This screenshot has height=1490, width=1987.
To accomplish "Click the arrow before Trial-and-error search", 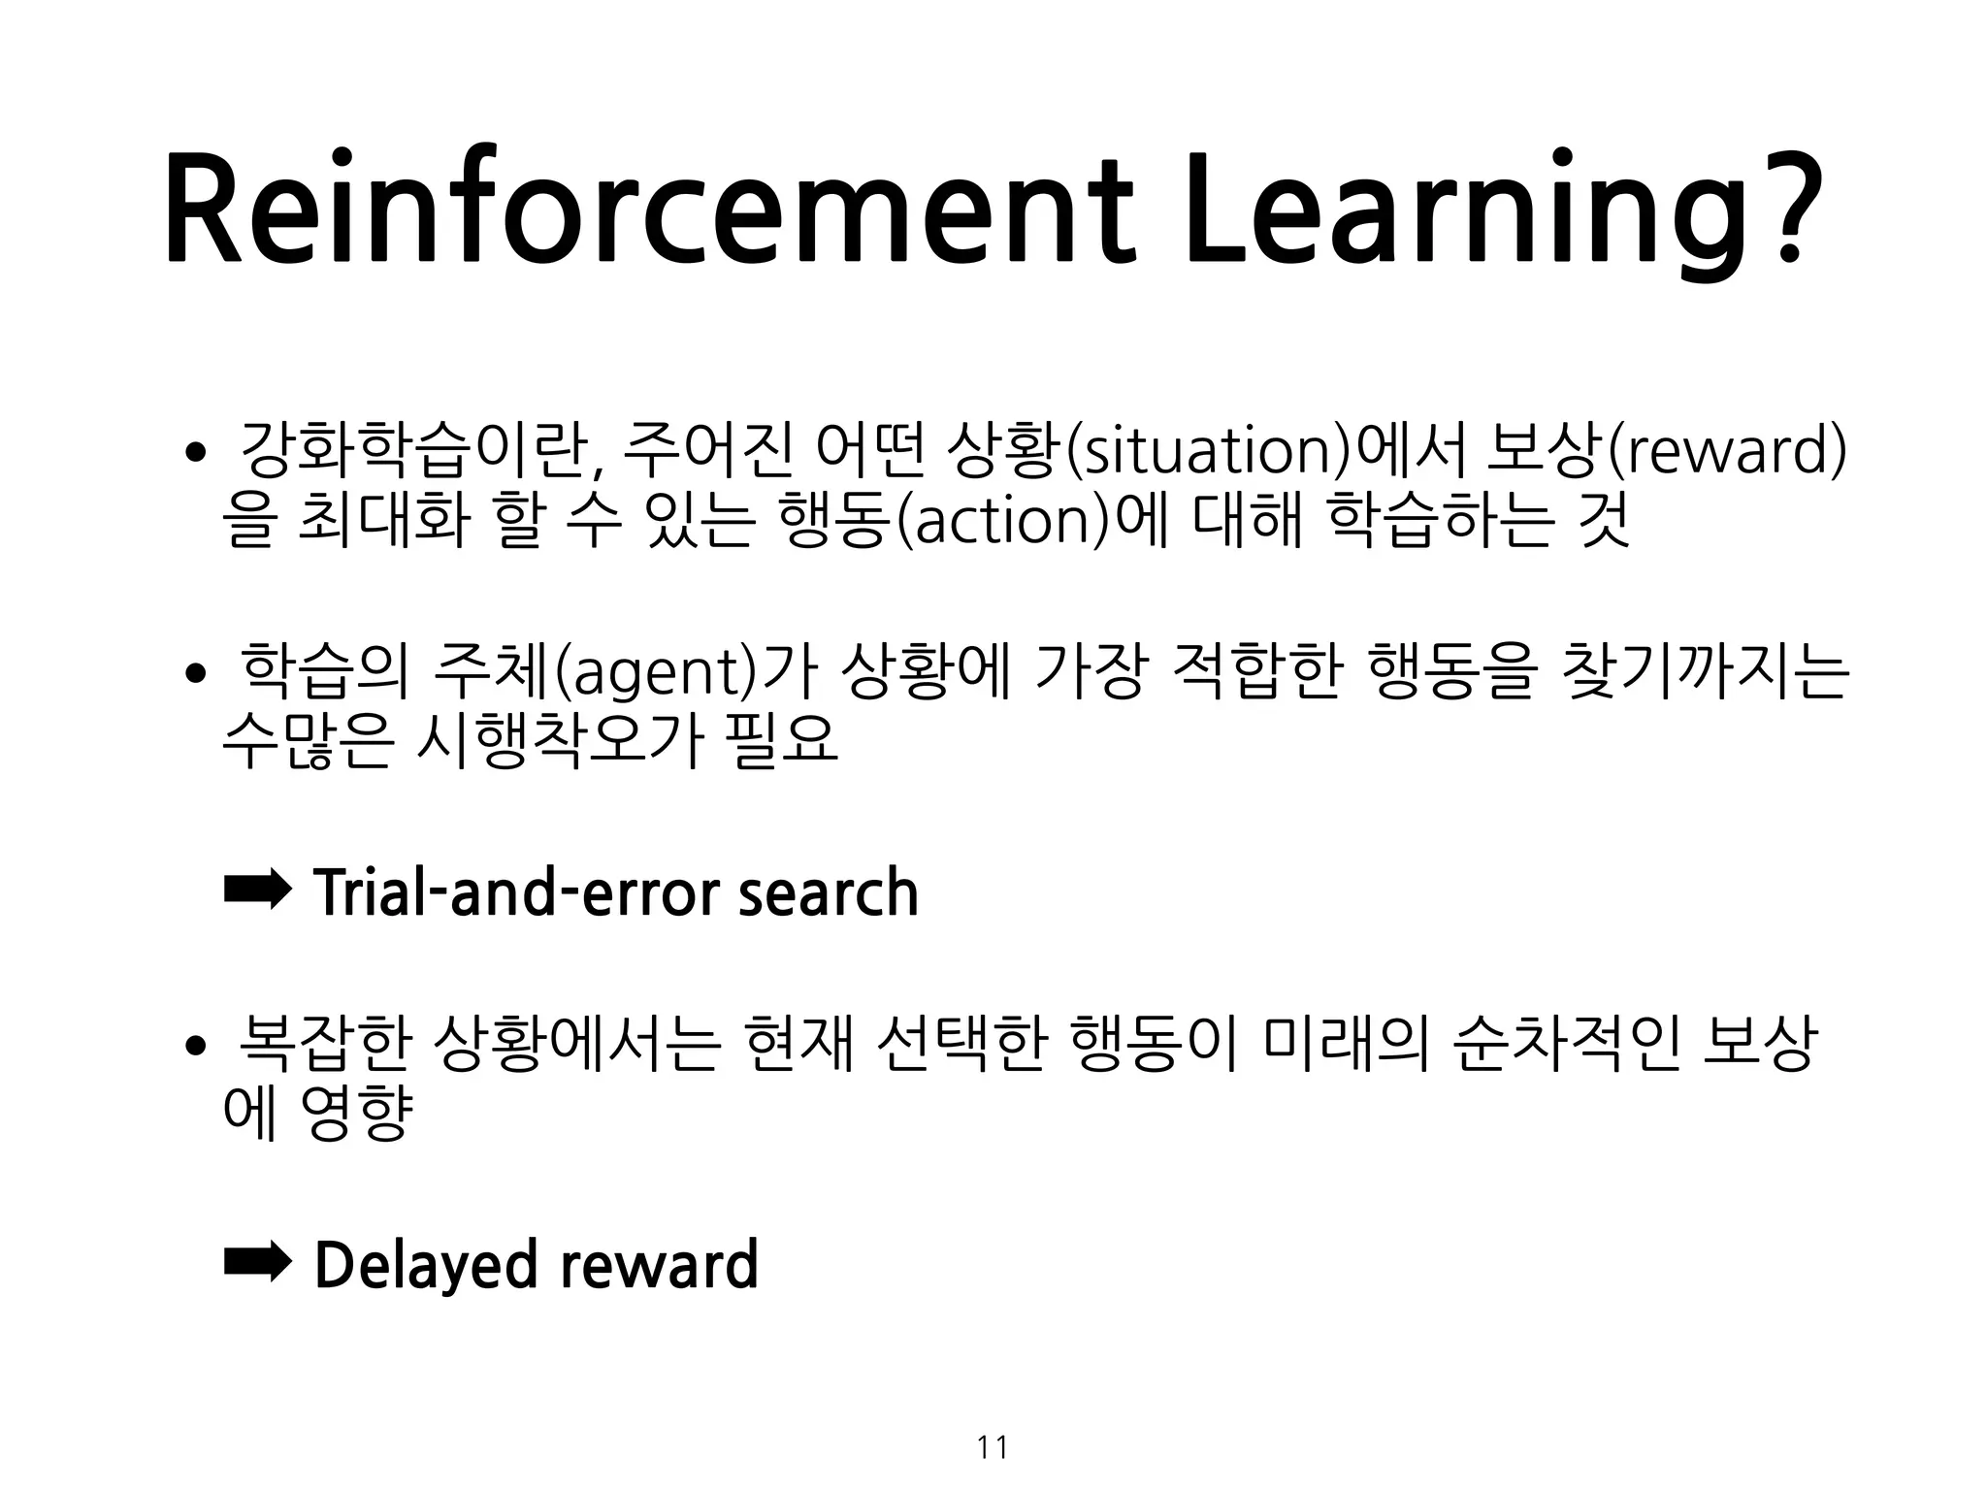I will (256, 890).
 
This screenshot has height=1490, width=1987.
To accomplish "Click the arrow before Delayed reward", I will (256, 1262).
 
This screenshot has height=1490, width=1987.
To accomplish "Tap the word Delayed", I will (426, 1264).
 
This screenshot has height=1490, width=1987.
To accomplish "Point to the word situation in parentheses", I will (1206, 451).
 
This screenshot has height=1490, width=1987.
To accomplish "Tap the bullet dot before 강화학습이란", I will (196, 453).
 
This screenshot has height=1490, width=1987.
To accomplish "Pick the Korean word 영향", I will (357, 1115).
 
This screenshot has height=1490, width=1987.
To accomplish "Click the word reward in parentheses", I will (1727, 451).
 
